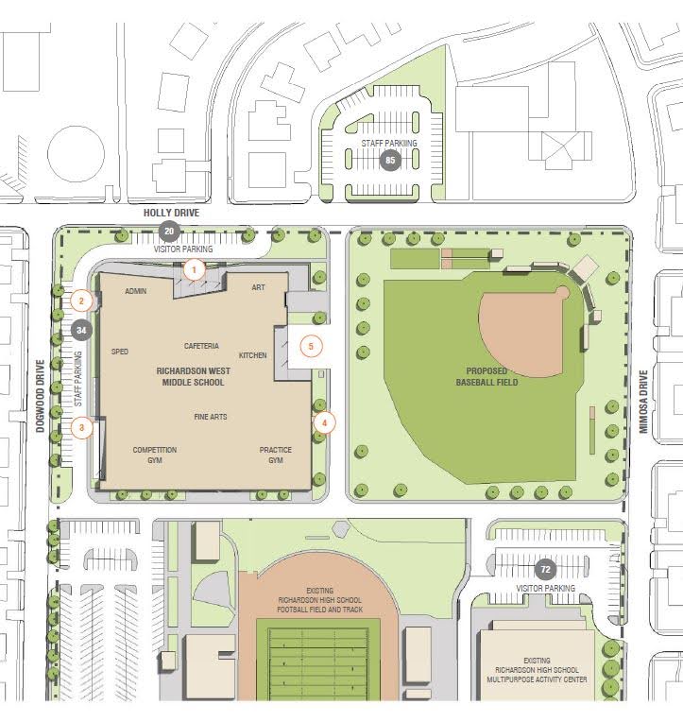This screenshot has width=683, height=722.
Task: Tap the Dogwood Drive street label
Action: [x=42, y=400]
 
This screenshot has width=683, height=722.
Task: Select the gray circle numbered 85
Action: [x=389, y=161]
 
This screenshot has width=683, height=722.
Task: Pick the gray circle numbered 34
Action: [x=80, y=331]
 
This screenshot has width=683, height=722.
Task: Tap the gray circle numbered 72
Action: [x=544, y=569]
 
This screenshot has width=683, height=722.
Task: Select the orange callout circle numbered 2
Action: [x=82, y=302]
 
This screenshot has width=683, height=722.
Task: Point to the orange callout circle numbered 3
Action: [x=82, y=427]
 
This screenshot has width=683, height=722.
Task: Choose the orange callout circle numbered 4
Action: [x=324, y=423]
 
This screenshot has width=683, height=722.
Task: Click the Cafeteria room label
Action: [x=201, y=346]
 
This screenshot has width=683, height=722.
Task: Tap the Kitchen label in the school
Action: [x=252, y=355]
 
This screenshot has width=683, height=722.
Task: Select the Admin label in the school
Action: [x=135, y=291]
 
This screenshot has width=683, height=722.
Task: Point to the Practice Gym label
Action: [x=275, y=455]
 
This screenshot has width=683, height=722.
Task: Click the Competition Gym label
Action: [x=154, y=455]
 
